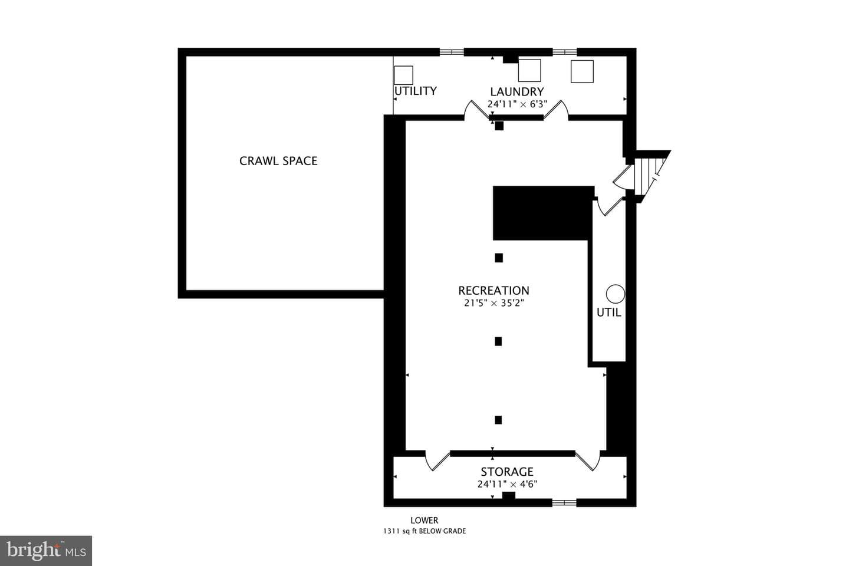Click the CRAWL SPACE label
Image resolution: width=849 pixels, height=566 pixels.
coord(278,161)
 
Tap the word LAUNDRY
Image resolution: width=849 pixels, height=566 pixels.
coord(516,92)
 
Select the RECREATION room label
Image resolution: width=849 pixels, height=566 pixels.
coord(493,291)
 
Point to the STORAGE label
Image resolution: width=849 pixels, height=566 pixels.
coord(507,472)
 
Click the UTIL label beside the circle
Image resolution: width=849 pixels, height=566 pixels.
coord(608,312)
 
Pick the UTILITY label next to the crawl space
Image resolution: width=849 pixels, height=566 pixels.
coord(416,91)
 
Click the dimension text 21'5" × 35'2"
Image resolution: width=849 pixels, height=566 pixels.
coord(493,303)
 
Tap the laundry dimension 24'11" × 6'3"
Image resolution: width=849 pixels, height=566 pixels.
coord(517,104)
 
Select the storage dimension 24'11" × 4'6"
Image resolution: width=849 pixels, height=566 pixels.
coord(507,484)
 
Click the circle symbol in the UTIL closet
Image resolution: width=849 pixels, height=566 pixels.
coord(615,294)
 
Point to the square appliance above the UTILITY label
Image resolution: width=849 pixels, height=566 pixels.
coord(403,75)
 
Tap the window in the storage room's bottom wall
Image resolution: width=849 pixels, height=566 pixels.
coord(564,503)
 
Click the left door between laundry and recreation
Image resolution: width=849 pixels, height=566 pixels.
coord(477,110)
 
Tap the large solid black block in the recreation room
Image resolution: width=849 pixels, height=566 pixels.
coord(543,213)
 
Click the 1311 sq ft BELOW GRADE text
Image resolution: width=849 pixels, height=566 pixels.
coord(424,531)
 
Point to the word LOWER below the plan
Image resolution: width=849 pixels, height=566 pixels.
coord(424,520)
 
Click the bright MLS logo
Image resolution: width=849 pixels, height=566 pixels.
coord(46,551)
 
